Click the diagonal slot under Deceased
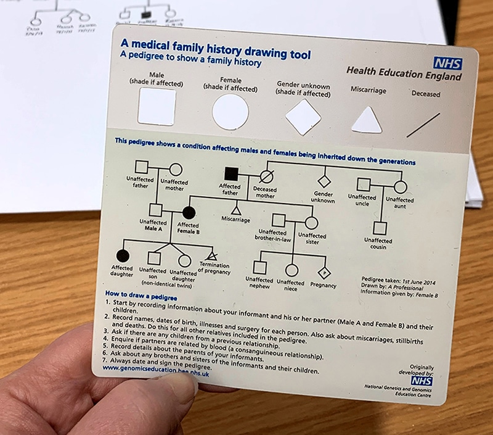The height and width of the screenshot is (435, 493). (x=423, y=125)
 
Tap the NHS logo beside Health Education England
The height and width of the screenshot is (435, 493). (x=447, y=63)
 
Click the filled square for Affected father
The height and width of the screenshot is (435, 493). (x=232, y=175)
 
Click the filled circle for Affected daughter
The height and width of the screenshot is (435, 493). (x=123, y=255)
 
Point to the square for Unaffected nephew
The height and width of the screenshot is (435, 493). (x=260, y=267)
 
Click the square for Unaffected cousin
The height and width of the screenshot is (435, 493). (x=380, y=228)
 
